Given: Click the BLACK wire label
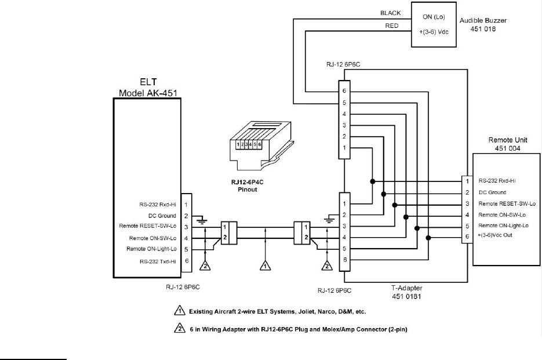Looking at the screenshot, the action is [x=390, y=13].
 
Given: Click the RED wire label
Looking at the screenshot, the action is [x=392, y=26].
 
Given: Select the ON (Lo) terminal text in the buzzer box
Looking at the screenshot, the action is [x=434, y=17].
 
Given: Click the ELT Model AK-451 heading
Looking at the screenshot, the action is [x=148, y=88].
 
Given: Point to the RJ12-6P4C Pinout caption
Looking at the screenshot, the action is [x=248, y=186].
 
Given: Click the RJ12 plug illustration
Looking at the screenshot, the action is [x=261, y=146].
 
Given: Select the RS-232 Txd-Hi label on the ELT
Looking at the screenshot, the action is [x=158, y=261].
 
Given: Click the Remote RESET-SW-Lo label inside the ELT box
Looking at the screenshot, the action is [x=148, y=226].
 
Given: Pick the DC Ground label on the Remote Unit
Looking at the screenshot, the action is [x=492, y=192].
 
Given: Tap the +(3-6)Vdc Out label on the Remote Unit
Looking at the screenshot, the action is [x=495, y=235].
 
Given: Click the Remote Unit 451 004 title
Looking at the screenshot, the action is [x=507, y=144].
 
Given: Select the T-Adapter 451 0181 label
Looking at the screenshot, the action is [x=406, y=292].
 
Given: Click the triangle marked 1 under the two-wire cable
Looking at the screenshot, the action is [x=265, y=265].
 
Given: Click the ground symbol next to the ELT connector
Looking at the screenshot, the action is [x=202, y=220].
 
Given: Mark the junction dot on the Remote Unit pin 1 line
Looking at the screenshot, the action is [x=372, y=181].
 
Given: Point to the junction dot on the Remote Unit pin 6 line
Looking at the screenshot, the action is [x=428, y=238].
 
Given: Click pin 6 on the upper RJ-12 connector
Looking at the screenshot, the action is [x=344, y=91].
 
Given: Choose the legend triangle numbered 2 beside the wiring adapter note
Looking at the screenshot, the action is [x=179, y=328].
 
